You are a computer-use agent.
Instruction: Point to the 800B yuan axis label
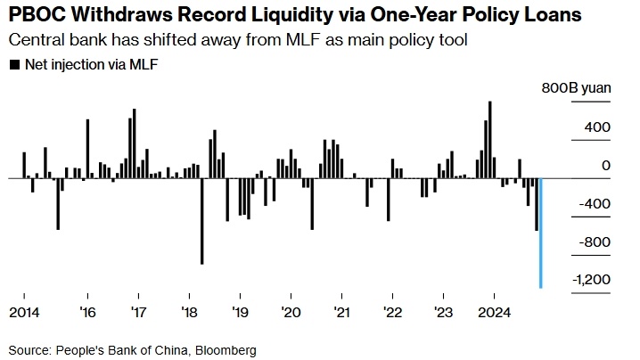(x=575, y=89)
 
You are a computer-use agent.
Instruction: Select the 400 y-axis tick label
(x=598, y=127)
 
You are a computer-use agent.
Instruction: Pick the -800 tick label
(x=593, y=241)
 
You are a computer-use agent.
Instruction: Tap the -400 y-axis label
(x=593, y=203)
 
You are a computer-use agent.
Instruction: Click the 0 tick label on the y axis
(x=606, y=165)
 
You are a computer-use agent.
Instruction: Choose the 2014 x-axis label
(x=22, y=313)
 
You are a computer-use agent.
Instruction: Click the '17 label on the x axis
(x=138, y=313)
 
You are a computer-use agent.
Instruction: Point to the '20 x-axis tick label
(x=291, y=313)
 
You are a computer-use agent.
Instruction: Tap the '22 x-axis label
(x=392, y=313)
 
